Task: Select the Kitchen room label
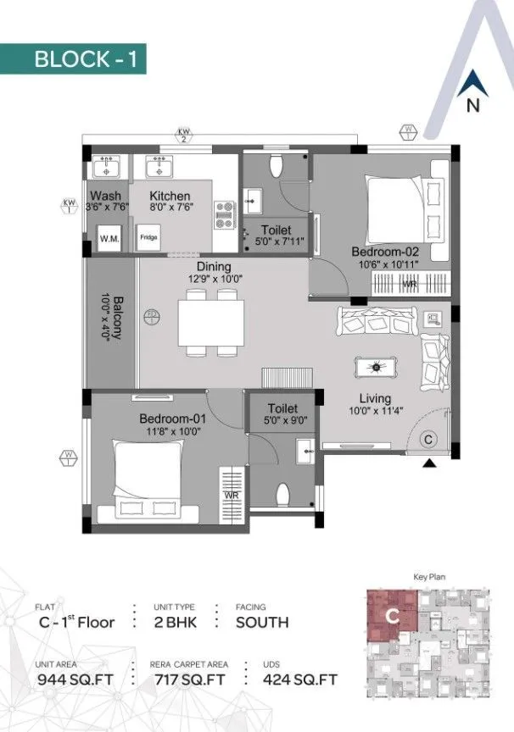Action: [x=170, y=196]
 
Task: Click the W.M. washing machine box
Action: [x=109, y=238]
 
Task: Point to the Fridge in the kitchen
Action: [x=149, y=238]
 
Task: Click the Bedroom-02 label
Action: [x=386, y=252]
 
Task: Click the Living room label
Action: [x=374, y=398]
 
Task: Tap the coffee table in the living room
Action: [x=374, y=367]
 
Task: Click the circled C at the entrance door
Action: [x=428, y=439]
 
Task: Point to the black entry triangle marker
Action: [x=431, y=463]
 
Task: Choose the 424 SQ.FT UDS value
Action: [x=299, y=679]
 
